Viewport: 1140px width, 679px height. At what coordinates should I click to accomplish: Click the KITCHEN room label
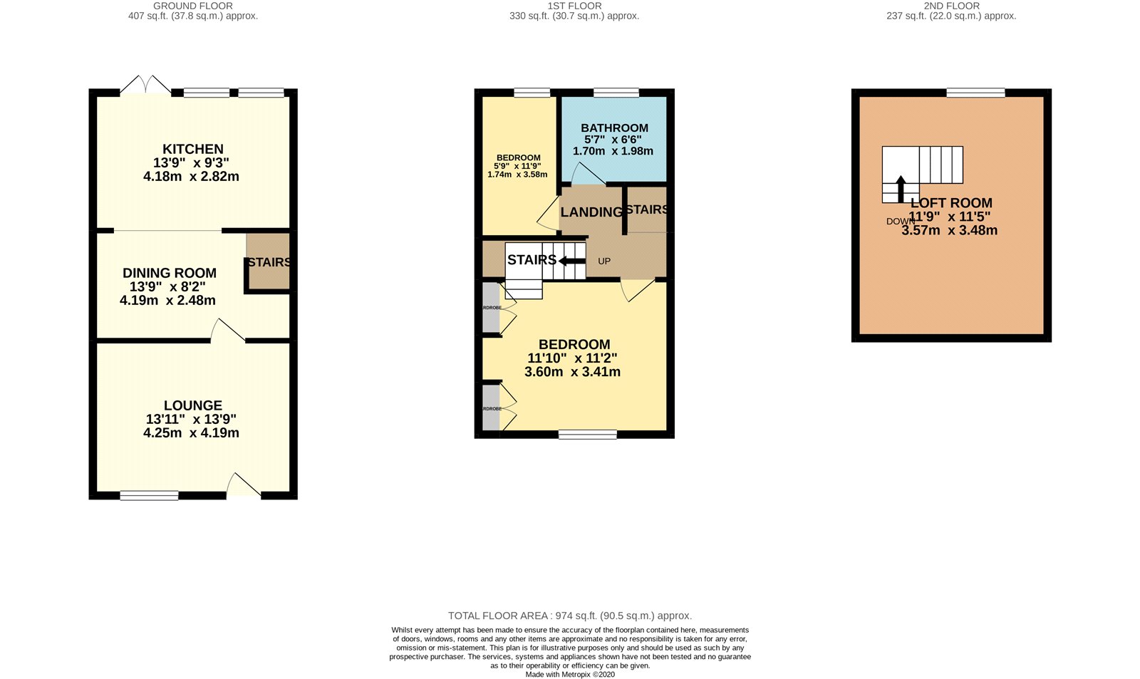[x=192, y=150]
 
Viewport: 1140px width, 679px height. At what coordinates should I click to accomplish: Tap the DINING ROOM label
[x=170, y=273]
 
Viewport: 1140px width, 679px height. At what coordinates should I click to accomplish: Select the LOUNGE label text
[x=192, y=405]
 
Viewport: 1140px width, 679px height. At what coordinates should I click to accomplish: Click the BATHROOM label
[x=614, y=128]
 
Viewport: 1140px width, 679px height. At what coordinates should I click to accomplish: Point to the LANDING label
[x=591, y=212]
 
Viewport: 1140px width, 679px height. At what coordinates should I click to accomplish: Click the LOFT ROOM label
[x=950, y=203]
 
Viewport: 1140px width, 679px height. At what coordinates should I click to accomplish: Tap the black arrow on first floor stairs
[x=571, y=261]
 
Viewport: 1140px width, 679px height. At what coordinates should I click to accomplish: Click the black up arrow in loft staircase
[x=900, y=189]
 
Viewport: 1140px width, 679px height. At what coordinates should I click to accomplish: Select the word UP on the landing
[x=604, y=261]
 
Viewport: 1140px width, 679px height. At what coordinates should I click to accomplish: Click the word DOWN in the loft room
[x=900, y=222]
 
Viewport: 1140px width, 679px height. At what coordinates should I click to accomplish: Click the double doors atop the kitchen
[x=145, y=85]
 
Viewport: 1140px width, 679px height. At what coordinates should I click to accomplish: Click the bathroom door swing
[x=587, y=174]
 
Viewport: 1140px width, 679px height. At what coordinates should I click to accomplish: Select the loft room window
[x=975, y=93]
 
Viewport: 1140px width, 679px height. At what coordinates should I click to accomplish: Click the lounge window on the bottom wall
[x=149, y=495]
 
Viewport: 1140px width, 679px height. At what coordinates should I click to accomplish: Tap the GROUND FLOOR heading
[x=193, y=6]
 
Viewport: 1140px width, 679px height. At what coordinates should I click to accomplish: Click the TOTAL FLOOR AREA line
[x=569, y=616]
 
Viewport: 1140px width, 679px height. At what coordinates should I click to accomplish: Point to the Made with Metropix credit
[x=569, y=674]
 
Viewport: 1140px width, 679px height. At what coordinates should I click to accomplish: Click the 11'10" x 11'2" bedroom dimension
[x=572, y=358]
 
